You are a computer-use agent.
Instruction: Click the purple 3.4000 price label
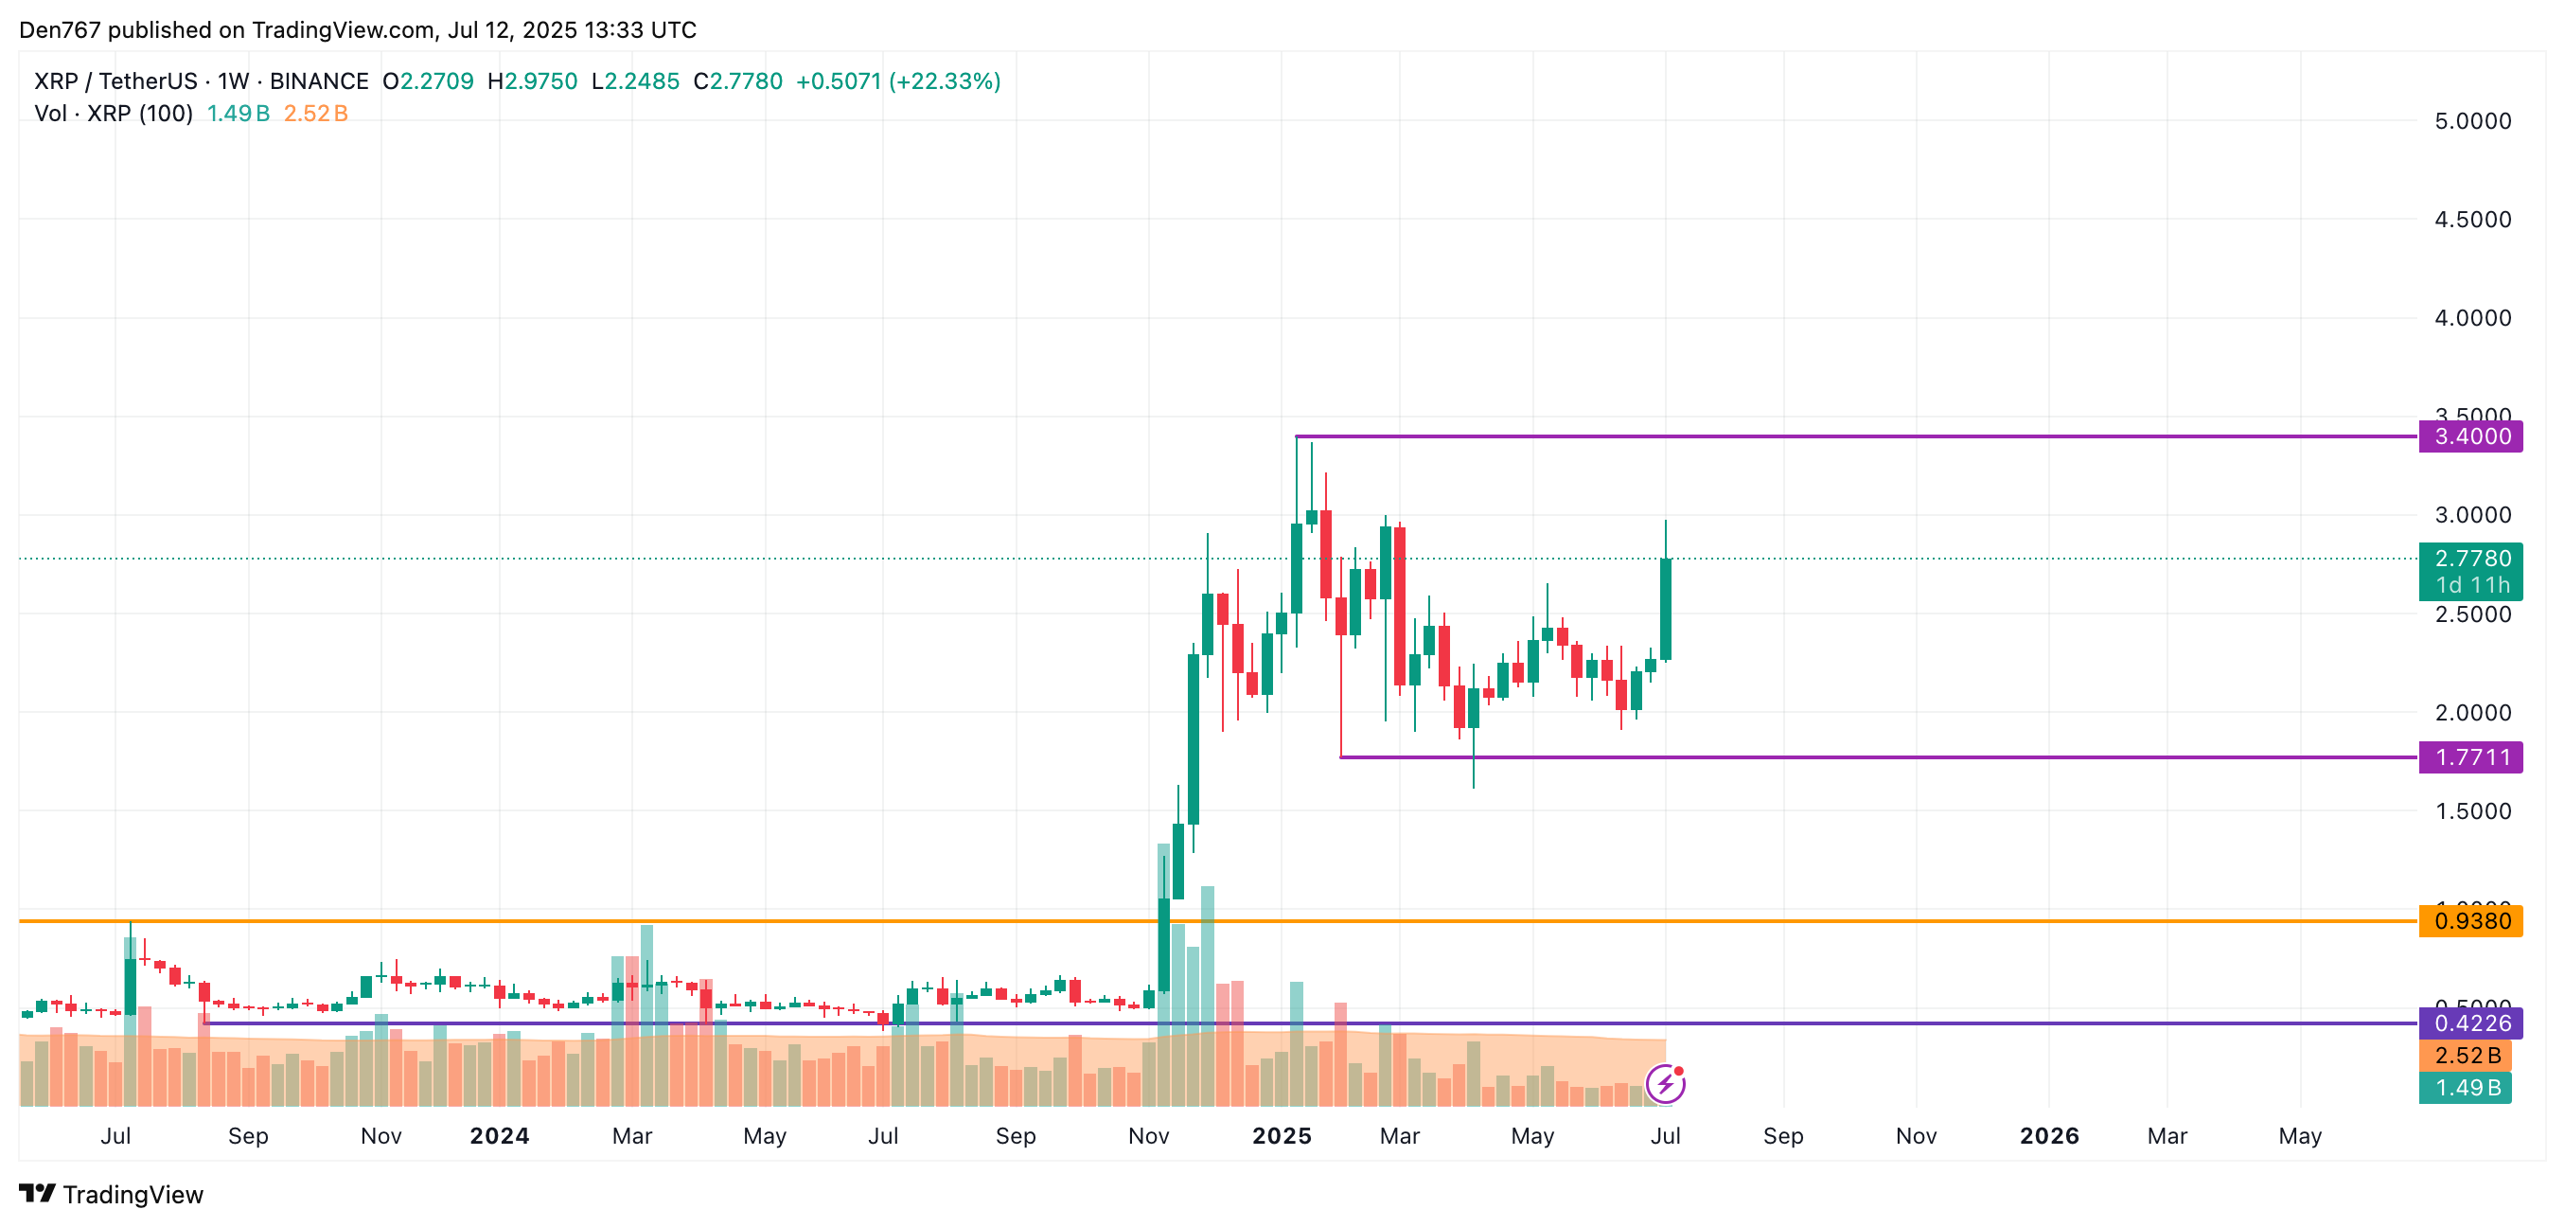[2470, 436]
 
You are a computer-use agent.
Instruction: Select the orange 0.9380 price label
[2470, 920]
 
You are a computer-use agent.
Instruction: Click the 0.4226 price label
[2470, 1022]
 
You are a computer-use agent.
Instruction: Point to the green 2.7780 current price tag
[2470, 559]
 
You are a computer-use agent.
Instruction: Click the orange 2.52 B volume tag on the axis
[2467, 1055]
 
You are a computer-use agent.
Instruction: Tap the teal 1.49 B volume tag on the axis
[2467, 1087]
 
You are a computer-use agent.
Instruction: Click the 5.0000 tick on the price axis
[2472, 121]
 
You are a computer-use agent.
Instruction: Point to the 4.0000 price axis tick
[2472, 318]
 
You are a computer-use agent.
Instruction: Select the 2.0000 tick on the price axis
[2472, 712]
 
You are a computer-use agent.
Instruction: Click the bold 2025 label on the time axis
[1282, 1135]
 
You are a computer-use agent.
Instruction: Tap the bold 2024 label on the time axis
[499, 1135]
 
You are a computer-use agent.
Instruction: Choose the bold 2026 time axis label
[2049, 1135]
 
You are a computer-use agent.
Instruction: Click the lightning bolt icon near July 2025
[1665, 1084]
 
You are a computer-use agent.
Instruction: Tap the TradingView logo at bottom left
[112, 1194]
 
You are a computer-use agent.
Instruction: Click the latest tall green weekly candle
[1665, 609]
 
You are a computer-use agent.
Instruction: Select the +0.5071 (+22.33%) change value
[897, 81]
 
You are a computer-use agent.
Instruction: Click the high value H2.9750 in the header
[533, 81]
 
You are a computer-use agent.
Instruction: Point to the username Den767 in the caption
[60, 30]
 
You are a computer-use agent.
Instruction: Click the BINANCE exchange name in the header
[319, 81]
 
